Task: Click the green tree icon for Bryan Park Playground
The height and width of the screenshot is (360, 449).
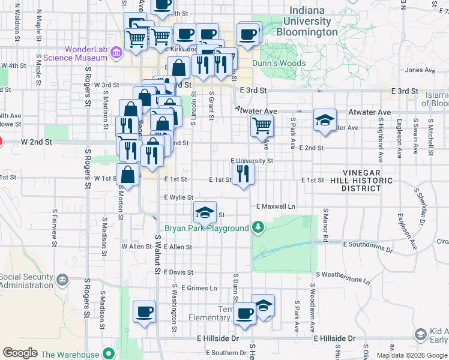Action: [x=258, y=227]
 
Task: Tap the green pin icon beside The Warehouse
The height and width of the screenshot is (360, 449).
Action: [x=108, y=354]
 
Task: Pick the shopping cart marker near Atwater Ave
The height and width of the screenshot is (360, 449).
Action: [x=262, y=125]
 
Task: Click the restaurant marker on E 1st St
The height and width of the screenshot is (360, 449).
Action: [x=243, y=173]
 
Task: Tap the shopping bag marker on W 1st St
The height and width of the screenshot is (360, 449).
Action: [x=128, y=175]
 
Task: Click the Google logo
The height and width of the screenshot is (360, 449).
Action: [x=20, y=353]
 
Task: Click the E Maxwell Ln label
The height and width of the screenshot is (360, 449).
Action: [x=276, y=206]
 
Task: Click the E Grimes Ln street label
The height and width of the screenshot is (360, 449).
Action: [x=199, y=288]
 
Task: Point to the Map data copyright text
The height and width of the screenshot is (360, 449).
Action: [x=412, y=355]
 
